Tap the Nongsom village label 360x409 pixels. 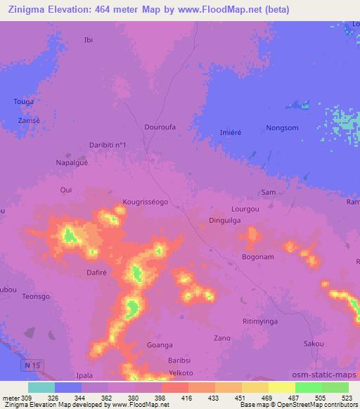coord(282,128)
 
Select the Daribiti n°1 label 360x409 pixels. coord(108,145)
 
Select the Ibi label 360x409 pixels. coord(88,39)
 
